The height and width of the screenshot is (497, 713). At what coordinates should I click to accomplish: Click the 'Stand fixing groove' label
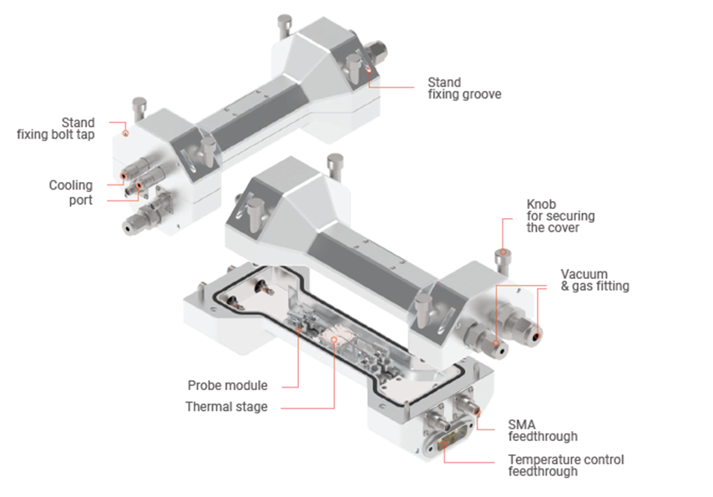[464, 89]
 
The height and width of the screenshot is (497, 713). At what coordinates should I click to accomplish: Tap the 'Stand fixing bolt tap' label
[56, 129]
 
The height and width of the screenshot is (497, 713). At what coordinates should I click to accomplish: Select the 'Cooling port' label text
[71, 192]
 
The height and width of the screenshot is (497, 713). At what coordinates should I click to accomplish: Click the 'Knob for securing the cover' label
[561, 216]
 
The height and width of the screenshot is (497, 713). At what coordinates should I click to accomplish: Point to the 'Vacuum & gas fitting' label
[594, 281]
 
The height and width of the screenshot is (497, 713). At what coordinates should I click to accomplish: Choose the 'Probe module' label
[227, 386]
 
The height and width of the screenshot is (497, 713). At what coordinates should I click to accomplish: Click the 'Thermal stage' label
[226, 407]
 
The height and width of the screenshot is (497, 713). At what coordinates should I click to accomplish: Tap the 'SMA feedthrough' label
[543, 430]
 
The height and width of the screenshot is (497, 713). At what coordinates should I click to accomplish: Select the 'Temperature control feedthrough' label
[566, 465]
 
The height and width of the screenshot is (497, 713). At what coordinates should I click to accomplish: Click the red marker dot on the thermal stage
[334, 339]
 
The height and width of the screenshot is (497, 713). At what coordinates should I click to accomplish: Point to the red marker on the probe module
[298, 328]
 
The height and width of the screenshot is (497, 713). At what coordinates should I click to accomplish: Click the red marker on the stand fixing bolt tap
[126, 134]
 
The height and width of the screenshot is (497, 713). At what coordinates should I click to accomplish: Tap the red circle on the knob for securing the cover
[503, 252]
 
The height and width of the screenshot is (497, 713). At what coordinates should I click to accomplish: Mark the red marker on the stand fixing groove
[369, 69]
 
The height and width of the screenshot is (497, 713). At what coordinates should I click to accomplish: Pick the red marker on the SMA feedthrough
[477, 412]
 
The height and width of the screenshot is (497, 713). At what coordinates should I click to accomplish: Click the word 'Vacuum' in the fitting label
[584, 275]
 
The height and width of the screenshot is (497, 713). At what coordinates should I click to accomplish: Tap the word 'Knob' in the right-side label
[541, 205]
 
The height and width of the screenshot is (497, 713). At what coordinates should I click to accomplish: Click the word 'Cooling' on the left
[71, 185]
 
